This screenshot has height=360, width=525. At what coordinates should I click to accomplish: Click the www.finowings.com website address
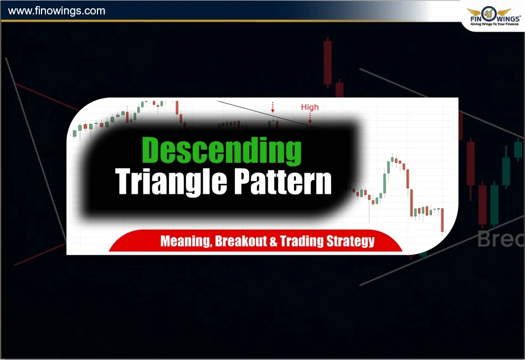58,11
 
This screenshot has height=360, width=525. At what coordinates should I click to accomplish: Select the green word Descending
222,150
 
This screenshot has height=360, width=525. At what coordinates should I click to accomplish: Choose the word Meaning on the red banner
184,241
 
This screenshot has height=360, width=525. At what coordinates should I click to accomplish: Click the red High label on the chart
310,107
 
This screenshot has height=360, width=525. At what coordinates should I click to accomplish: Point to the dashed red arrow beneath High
310,116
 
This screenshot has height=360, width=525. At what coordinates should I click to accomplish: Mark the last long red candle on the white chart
442,220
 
